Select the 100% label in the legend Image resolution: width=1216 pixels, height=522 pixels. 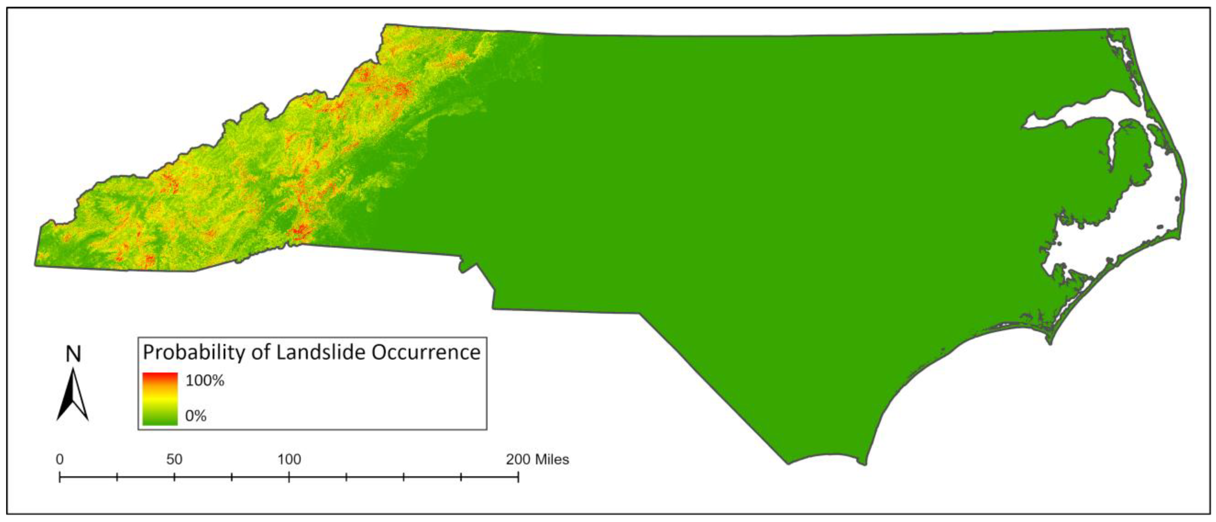tap(204, 381)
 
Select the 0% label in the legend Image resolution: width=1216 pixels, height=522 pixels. tap(196, 416)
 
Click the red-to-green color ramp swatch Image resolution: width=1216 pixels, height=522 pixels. tap(160, 399)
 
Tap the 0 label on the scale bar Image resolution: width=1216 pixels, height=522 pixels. tap(60, 459)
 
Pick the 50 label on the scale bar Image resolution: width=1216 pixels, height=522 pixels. tap(174, 459)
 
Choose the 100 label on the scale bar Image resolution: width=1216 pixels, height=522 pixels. tap(289, 459)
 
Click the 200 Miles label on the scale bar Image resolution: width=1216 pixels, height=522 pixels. tap(538, 459)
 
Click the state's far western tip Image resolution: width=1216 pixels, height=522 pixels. tap(35, 265)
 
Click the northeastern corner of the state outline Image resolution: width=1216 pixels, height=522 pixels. tap(1128, 29)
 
